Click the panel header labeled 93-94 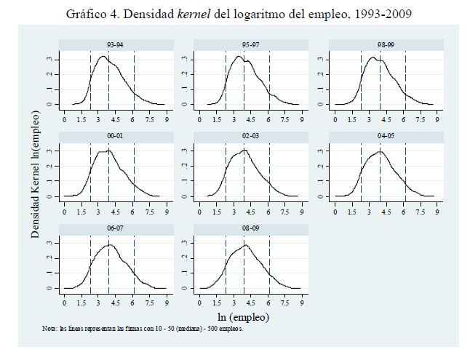114,45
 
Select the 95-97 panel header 249,45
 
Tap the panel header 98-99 383,45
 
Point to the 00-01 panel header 114,137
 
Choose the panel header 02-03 249,137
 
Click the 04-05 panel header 383,137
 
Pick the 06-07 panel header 114,230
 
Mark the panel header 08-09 249,230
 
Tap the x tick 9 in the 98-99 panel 437,119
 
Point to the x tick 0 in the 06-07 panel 65,303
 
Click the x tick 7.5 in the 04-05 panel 420,211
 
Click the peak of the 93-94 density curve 103,56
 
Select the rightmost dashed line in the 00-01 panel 135,172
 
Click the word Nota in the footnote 49,329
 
